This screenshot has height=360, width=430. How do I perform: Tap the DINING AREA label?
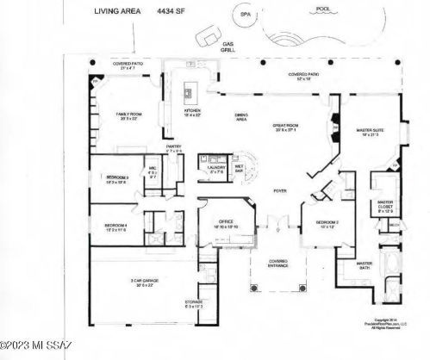coord(243,119)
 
